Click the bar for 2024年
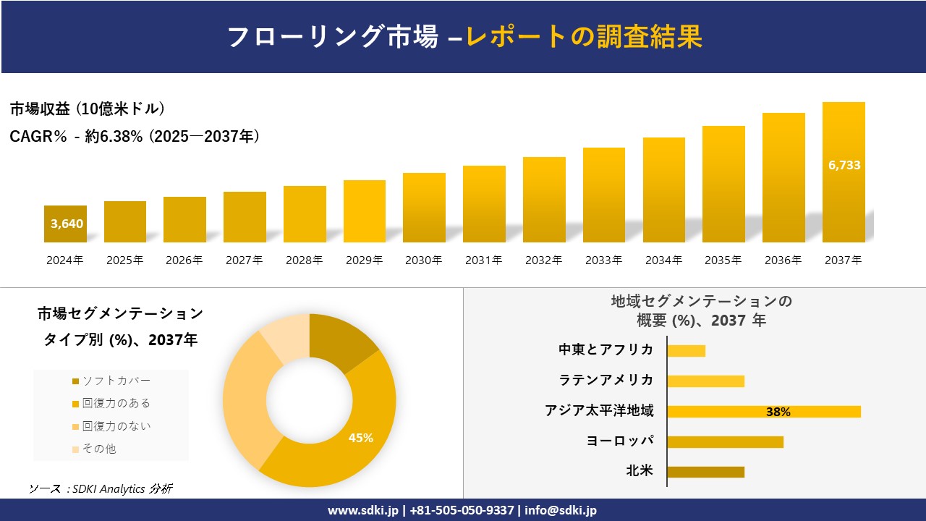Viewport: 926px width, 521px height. click(x=65, y=224)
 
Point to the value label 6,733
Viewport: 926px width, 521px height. click(x=844, y=165)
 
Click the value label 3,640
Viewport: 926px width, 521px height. click(x=67, y=224)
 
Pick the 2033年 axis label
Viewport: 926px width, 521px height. click(x=603, y=260)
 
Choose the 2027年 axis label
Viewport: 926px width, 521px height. click(x=244, y=260)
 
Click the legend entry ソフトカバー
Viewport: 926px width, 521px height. click(x=116, y=381)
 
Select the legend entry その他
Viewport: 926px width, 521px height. click(x=98, y=449)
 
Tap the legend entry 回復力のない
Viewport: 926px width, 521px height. click(x=116, y=426)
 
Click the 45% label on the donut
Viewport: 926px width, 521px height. click(x=360, y=438)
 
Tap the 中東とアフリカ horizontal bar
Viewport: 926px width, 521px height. click(x=686, y=351)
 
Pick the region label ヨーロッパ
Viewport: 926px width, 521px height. click(x=620, y=441)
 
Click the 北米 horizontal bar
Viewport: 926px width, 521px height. click(x=705, y=472)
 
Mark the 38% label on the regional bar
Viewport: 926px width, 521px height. click(x=778, y=412)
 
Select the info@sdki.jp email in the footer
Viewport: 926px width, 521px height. click(x=561, y=510)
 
